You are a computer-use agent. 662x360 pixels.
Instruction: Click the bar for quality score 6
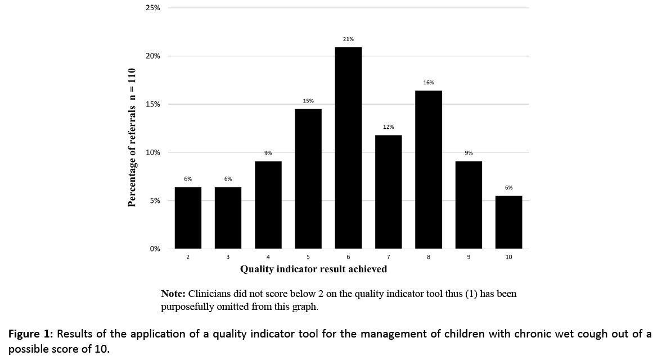(348, 147)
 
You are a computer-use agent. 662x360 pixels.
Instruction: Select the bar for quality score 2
(188, 218)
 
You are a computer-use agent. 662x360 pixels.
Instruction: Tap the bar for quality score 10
(508, 222)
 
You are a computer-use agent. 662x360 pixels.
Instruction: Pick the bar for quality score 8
(429, 169)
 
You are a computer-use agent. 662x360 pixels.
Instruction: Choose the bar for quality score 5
(308, 178)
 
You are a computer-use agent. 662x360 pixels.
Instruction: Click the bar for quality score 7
(389, 191)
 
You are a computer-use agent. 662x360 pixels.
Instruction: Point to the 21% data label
(348, 39)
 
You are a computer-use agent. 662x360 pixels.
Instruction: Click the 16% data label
(429, 83)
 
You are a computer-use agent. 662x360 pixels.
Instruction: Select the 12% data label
(389, 127)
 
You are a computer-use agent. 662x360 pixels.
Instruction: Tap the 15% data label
(308, 101)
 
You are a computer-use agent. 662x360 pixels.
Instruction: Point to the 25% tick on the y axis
(153, 8)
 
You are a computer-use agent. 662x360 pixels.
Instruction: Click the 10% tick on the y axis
(153, 152)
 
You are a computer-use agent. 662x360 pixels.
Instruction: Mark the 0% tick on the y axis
(155, 249)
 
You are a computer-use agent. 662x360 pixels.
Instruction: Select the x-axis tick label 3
(228, 257)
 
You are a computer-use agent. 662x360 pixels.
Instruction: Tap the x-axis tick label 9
(469, 257)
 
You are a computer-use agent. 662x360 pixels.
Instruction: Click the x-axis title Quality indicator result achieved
(313, 269)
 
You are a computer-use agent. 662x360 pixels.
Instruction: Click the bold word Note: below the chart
(173, 294)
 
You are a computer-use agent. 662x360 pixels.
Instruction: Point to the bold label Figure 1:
(31, 334)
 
